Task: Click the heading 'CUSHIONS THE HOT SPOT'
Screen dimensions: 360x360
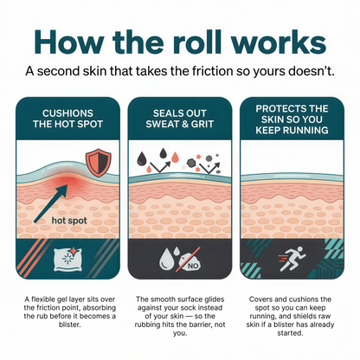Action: tap(67, 119)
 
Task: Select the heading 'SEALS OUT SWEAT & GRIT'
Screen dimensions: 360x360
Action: tap(180, 119)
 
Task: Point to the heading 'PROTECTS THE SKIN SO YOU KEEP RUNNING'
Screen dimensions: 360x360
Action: tap(292, 119)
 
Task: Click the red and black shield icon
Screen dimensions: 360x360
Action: tap(98, 163)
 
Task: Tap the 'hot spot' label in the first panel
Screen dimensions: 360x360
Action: tap(69, 221)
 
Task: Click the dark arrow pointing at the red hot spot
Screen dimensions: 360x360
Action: tap(50, 203)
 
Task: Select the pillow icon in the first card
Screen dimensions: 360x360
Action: tap(67, 259)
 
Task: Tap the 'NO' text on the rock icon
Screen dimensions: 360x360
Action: tap(193, 266)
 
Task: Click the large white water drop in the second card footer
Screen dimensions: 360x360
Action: tap(166, 259)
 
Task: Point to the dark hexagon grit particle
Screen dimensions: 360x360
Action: tap(191, 163)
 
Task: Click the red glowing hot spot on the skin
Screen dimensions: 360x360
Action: tap(67, 180)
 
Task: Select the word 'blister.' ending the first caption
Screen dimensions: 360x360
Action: tap(69, 325)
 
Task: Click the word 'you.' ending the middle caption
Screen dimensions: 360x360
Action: tap(180, 333)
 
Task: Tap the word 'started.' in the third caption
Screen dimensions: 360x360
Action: tap(290, 333)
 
